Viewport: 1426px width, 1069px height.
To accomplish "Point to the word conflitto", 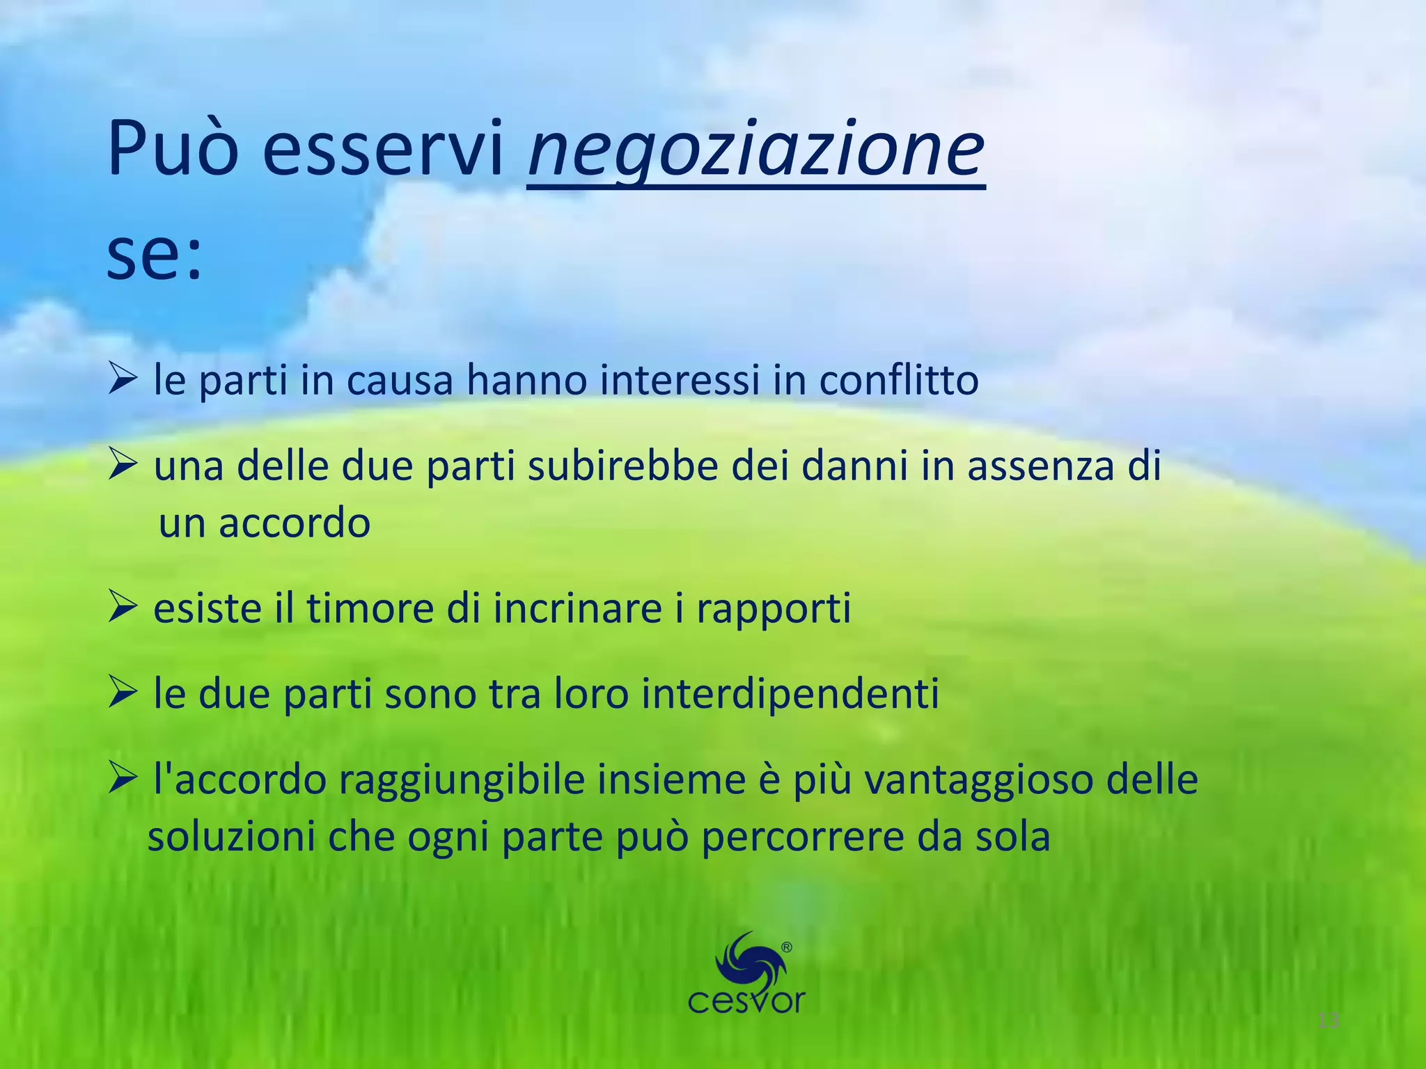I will (898, 380).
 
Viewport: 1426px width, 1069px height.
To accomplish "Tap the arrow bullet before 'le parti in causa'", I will (123, 379).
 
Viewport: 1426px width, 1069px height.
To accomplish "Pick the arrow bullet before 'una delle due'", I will (123, 465).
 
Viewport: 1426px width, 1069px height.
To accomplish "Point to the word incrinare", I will (578, 608).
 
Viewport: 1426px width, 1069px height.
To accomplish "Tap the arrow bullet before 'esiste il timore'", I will (123, 608).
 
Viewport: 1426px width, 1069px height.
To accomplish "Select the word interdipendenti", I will (790, 694).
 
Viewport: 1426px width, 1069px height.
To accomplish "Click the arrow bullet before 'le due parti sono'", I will (123, 693).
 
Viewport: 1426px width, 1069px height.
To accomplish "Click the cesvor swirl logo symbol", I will (749, 960).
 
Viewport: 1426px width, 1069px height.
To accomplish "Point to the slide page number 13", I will (1329, 1021).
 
